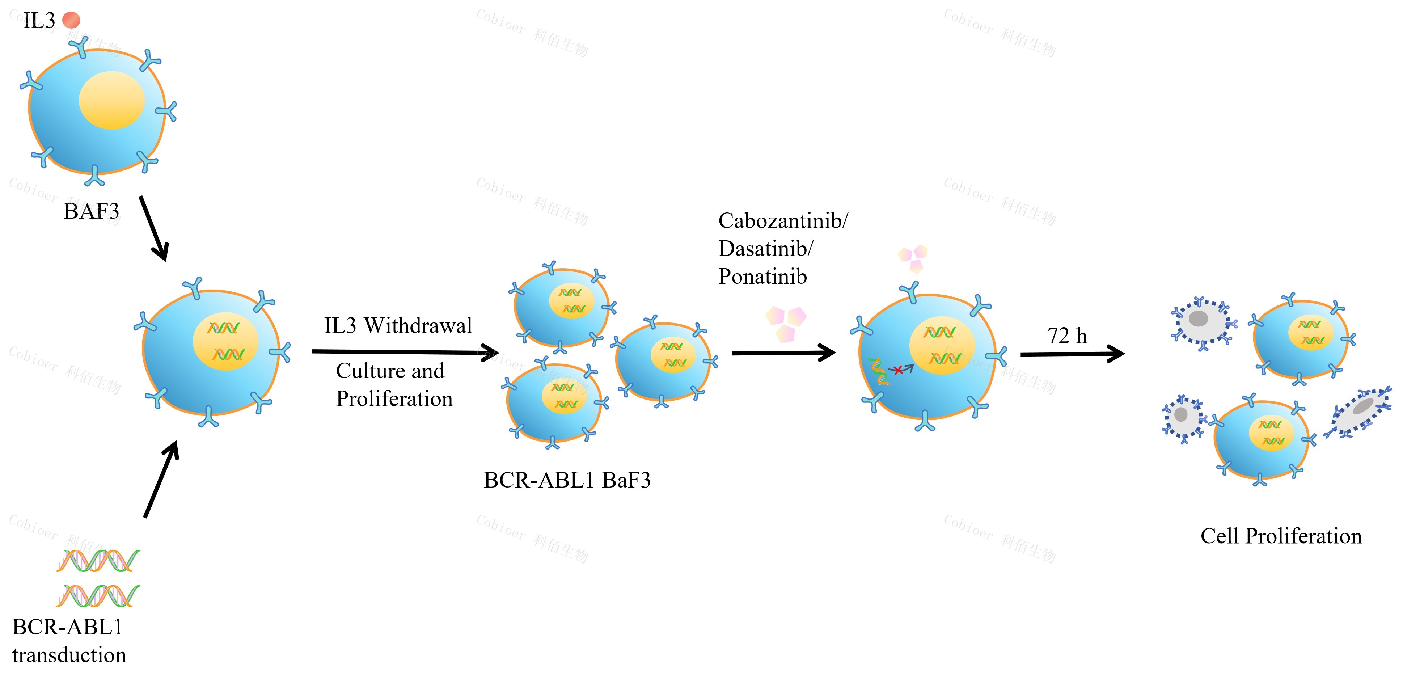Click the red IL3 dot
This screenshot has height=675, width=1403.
(71, 20)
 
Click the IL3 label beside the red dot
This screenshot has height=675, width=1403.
(39, 21)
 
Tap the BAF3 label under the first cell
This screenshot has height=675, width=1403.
(92, 211)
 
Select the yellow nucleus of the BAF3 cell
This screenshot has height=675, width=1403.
(112, 100)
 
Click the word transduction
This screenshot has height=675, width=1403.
(69, 655)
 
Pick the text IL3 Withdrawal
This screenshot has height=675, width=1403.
(398, 326)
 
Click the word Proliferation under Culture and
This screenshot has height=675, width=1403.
(394, 399)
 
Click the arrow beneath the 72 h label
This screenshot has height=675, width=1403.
(1072, 354)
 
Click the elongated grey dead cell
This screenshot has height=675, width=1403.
(1359, 412)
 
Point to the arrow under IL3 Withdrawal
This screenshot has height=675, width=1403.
(406, 352)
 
